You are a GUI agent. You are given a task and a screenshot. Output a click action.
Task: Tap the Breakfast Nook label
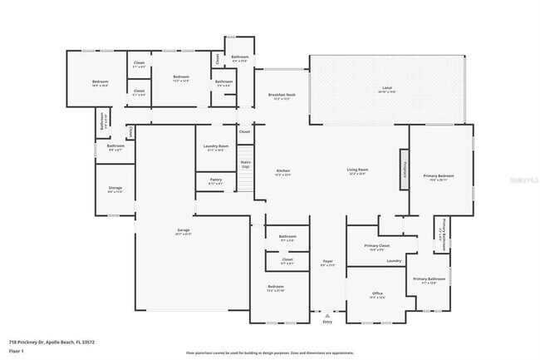(282, 96)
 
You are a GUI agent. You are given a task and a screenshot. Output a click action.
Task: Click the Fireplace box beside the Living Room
(404, 170)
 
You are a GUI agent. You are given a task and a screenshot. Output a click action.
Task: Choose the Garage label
(184, 232)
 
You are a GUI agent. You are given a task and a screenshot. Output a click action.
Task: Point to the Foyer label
(327, 263)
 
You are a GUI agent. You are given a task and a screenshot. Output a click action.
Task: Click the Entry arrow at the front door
(327, 317)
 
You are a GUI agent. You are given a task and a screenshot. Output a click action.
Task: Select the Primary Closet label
(376, 246)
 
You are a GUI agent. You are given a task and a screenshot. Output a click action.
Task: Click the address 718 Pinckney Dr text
(52, 342)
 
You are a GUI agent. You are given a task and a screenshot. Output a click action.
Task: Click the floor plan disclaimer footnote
(269, 353)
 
